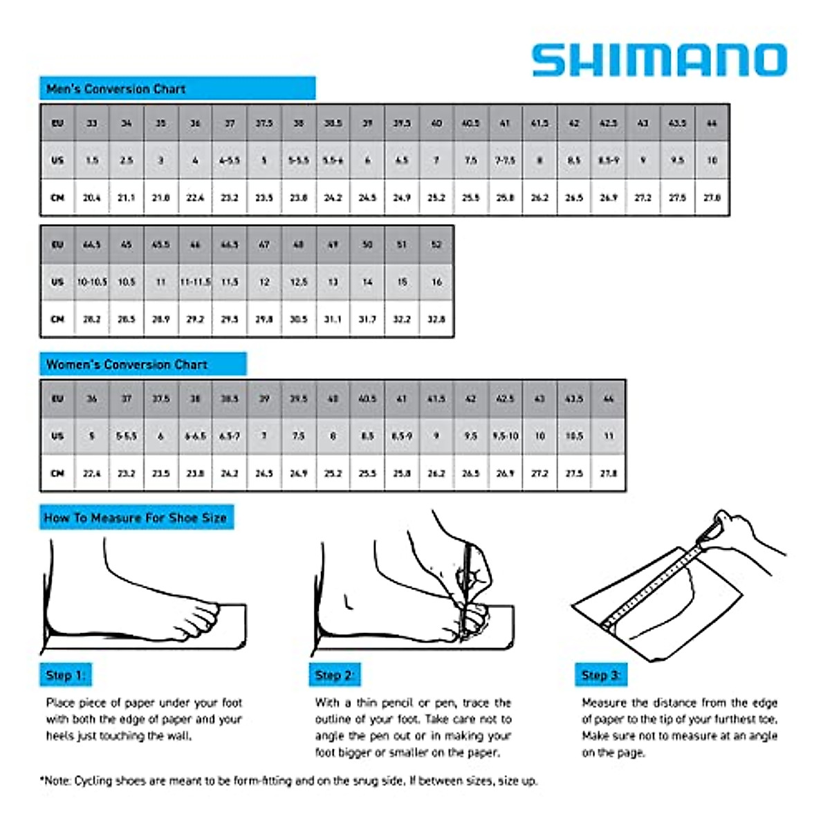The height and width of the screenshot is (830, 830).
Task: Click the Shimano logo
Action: tap(659, 60)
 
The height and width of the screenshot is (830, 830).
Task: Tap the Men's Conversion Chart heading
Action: tap(116, 89)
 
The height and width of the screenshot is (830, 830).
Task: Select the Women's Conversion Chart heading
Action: tap(127, 365)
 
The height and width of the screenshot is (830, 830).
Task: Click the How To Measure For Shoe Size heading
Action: tap(136, 517)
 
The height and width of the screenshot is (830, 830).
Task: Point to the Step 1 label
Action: tap(65, 675)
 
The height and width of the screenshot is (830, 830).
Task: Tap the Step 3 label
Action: tap(600, 675)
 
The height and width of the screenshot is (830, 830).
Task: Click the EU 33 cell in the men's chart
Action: tap(92, 123)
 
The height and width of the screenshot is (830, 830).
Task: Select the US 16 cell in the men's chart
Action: tap(436, 282)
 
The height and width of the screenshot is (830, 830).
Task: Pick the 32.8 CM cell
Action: tap(436, 320)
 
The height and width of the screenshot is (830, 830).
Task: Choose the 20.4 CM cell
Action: tap(92, 198)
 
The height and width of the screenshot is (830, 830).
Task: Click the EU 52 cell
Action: tap(436, 245)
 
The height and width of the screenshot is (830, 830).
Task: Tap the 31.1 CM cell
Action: tap(333, 320)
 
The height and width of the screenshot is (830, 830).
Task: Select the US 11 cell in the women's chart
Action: tap(609, 436)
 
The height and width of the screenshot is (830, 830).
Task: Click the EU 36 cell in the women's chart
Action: tap(92, 399)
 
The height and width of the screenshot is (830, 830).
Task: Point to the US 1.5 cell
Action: tap(92, 160)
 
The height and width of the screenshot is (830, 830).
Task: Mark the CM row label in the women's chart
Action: tap(57, 474)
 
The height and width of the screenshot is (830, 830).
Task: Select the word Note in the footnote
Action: tap(58, 781)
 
